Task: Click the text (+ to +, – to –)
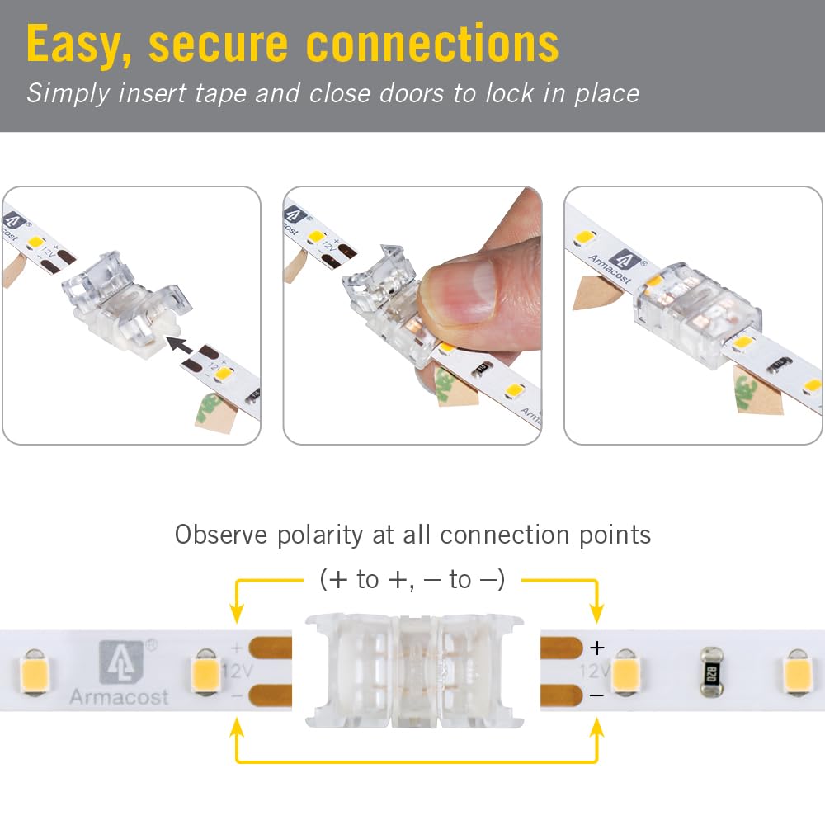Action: coord(412,580)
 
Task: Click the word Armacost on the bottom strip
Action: coord(120,697)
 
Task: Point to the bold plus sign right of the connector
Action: coord(597,647)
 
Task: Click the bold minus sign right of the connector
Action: coord(597,696)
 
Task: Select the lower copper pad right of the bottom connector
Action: coord(562,698)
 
